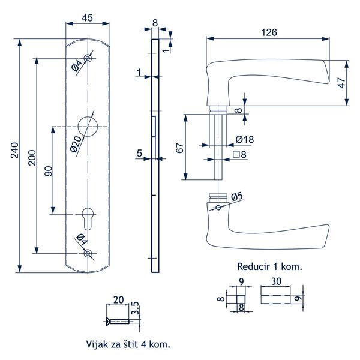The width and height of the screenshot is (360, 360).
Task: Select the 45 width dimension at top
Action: click(x=87, y=17)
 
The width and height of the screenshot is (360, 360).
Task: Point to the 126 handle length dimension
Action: click(x=269, y=33)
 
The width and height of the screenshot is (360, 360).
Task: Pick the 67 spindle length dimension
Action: click(x=180, y=148)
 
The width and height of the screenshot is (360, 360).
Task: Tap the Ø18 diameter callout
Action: click(x=245, y=139)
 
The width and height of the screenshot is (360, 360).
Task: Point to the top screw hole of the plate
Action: click(x=88, y=59)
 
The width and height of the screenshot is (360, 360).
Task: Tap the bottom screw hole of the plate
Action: click(x=88, y=253)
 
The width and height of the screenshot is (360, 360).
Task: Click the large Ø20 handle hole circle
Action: click(x=88, y=126)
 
